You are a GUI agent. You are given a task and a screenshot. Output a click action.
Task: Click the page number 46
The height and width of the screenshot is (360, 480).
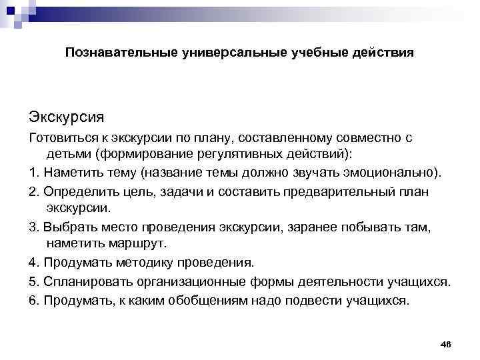pyautogui.click(x=446, y=343)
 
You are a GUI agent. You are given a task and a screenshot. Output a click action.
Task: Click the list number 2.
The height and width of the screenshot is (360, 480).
pyautogui.click(x=33, y=191)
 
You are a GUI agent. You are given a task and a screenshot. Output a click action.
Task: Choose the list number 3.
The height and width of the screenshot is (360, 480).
pyautogui.click(x=33, y=227)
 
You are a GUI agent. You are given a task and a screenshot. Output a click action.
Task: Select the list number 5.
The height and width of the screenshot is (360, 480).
pyautogui.click(x=33, y=281)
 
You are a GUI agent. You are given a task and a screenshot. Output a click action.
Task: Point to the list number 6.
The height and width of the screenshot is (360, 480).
pyautogui.click(x=33, y=300)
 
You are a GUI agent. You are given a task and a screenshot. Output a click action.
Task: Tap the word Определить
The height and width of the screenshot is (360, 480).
pyautogui.click(x=77, y=191)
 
